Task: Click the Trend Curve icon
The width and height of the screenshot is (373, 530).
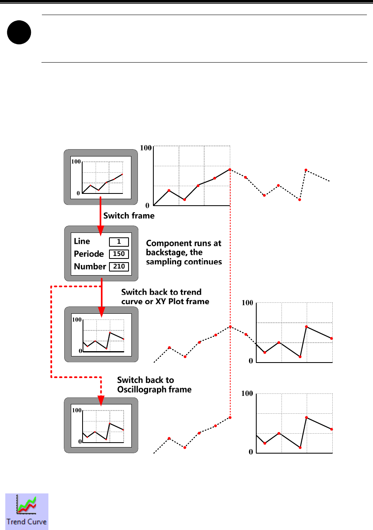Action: click(x=26, y=511)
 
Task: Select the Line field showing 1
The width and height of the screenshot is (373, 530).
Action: click(x=119, y=242)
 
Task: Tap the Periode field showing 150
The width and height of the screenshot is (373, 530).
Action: click(x=119, y=254)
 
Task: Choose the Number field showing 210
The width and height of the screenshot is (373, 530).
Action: click(x=119, y=267)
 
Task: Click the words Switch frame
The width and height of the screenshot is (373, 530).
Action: click(x=129, y=216)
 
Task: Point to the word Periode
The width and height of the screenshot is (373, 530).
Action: click(x=87, y=254)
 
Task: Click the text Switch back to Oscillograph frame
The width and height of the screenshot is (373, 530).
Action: click(x=155, y=384)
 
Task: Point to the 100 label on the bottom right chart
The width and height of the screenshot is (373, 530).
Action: click(x=247, y=394)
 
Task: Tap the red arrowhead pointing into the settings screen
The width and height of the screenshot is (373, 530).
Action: click(x=100, y=232)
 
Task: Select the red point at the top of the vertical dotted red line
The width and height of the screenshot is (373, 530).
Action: click(x=230, y=169)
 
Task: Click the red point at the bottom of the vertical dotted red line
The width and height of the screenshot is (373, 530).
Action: click(x=230, y=417)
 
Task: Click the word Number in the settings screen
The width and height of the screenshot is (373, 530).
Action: click(x=90, y=267)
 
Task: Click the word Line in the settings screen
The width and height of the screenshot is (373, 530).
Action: click(x=82, y=241)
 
